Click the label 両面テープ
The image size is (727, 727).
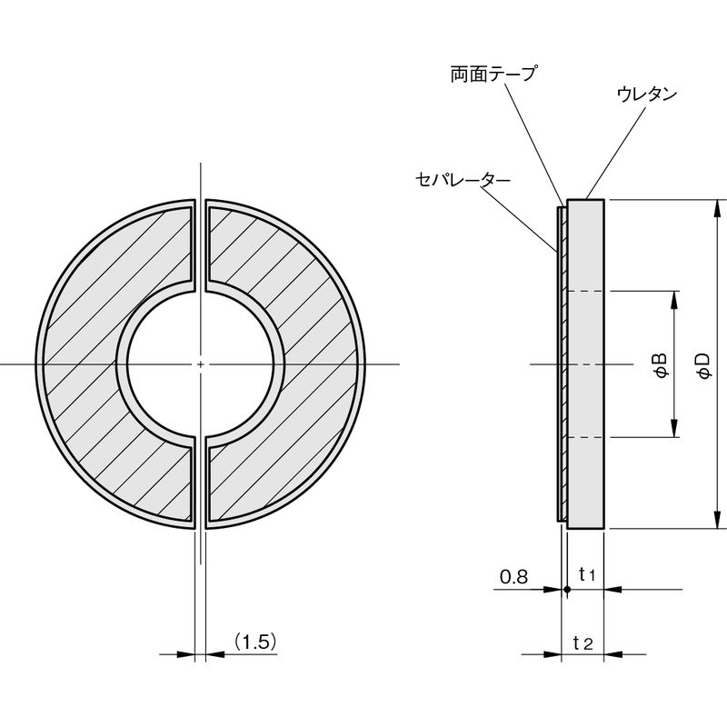493,74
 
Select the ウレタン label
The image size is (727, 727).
647,95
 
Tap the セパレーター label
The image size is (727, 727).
463,179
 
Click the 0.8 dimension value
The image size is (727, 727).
513,577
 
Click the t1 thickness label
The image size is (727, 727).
587,575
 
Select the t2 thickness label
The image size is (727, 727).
583,643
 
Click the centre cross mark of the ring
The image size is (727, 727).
200,364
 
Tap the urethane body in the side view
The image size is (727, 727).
585,364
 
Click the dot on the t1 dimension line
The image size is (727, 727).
567,590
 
